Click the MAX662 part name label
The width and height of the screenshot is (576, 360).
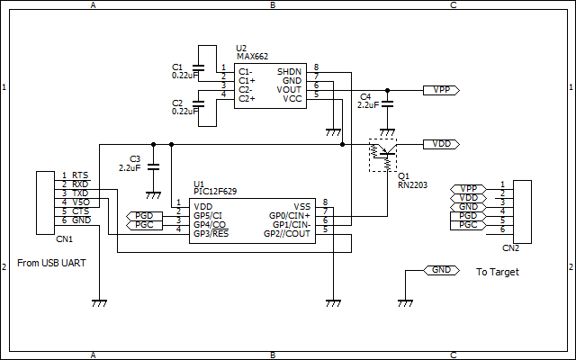coord(252,56)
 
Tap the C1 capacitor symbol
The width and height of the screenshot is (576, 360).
coord(198,67)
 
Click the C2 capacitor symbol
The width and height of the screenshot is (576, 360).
coord(198,104)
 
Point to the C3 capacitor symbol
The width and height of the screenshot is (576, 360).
coord(153,167)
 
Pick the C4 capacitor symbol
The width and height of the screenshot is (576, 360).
coord(387,104)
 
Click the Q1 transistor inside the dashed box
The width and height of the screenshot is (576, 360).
coord(382,155)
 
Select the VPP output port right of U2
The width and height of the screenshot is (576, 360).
coord(441,90)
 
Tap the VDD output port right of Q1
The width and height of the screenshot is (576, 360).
coord(441,144)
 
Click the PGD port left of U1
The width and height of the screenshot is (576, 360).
coord(144,216)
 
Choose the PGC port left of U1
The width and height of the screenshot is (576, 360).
coord(144,225)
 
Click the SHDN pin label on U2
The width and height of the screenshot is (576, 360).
coord(289,72)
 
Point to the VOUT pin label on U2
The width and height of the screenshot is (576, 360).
coord(289,90)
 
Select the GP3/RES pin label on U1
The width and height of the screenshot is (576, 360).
coord(211,234)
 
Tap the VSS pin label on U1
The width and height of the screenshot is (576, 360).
coord(302,207)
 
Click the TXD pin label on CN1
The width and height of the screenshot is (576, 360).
coord(80,193)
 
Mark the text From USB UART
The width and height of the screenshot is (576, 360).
coord(51,263)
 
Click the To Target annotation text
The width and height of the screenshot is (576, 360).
coord(498,272)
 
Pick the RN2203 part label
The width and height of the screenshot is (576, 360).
coord(412,185)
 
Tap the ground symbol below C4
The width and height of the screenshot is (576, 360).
coord(387,132)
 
